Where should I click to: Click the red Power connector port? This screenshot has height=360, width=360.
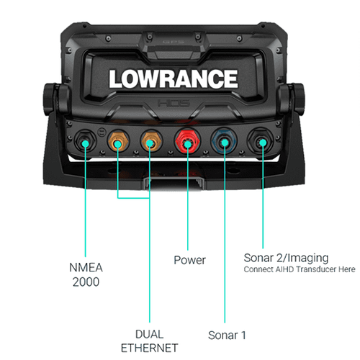[188, 142]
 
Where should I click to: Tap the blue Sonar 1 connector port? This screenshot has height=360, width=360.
[224, 142]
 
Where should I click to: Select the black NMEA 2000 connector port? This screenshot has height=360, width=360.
[85, 142]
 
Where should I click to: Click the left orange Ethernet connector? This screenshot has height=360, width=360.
[118, 142]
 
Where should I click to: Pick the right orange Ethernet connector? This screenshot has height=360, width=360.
[151, 142]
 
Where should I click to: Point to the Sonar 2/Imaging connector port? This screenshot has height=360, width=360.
[261, 142]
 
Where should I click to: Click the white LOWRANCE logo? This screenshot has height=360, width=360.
[174, 79]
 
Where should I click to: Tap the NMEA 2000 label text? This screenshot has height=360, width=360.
[86, 274]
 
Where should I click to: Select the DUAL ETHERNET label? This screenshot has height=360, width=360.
[149, 341]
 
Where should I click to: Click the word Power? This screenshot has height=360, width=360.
[189, 260]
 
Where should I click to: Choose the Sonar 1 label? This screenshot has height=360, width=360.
[227, 336]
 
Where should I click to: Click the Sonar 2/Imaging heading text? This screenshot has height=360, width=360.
[286, 258]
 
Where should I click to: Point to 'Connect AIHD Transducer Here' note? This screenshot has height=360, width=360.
[300, 269]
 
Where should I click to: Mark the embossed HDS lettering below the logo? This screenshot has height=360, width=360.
[174, 103]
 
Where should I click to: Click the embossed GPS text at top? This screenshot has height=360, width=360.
[174, 42]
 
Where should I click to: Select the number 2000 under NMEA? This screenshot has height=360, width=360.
[86, 282]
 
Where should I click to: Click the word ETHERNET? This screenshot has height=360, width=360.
[149, 348]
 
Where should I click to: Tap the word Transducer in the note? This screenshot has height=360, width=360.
[316, 269]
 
